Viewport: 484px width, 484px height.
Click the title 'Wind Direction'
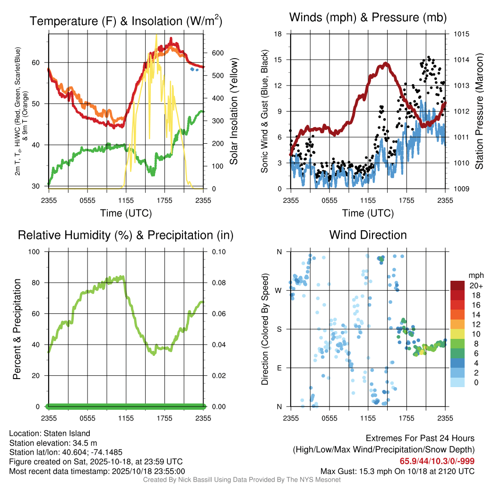(368, 235)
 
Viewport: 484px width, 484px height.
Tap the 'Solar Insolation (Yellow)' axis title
(234, 112)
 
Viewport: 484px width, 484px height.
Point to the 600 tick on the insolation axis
(216, 53)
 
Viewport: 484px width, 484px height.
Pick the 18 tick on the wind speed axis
(278, 34)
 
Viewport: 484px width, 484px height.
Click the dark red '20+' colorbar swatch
(458, 285)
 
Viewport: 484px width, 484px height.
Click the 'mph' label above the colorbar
(475, 275)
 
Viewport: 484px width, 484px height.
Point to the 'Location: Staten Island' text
(50, 433)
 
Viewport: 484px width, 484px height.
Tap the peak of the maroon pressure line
(386, 63)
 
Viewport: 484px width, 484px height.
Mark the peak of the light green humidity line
(123, 277)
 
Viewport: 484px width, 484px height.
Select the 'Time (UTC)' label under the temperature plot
(126, 213)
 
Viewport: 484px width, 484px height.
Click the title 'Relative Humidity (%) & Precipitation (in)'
(126, 235)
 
